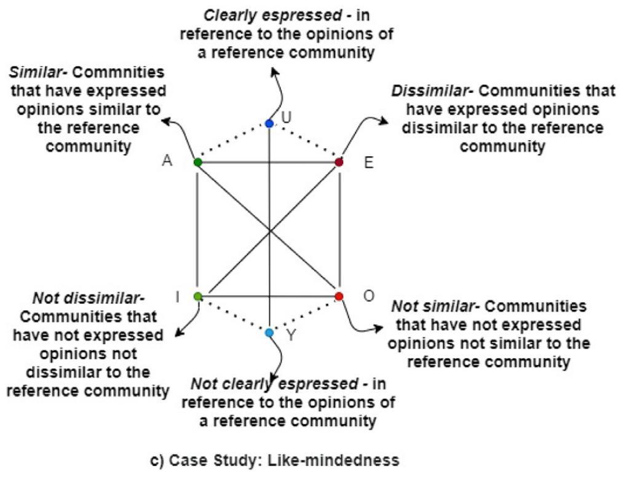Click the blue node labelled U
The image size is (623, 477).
point(269,124)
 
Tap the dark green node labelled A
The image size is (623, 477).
point(197,162)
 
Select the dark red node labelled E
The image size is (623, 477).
point(338,162)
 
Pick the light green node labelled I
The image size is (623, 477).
point(197,296)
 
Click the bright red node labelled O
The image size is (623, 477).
point(339,296)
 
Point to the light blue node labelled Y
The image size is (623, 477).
point(269,333)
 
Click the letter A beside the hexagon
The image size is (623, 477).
point(167,161)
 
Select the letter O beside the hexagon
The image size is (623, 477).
point(368,296)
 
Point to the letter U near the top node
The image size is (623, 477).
point(285,116)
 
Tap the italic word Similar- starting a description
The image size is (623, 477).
point(38,73)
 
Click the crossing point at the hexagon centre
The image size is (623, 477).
point(269,230)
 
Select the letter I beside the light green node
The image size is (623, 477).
point(177,298)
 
